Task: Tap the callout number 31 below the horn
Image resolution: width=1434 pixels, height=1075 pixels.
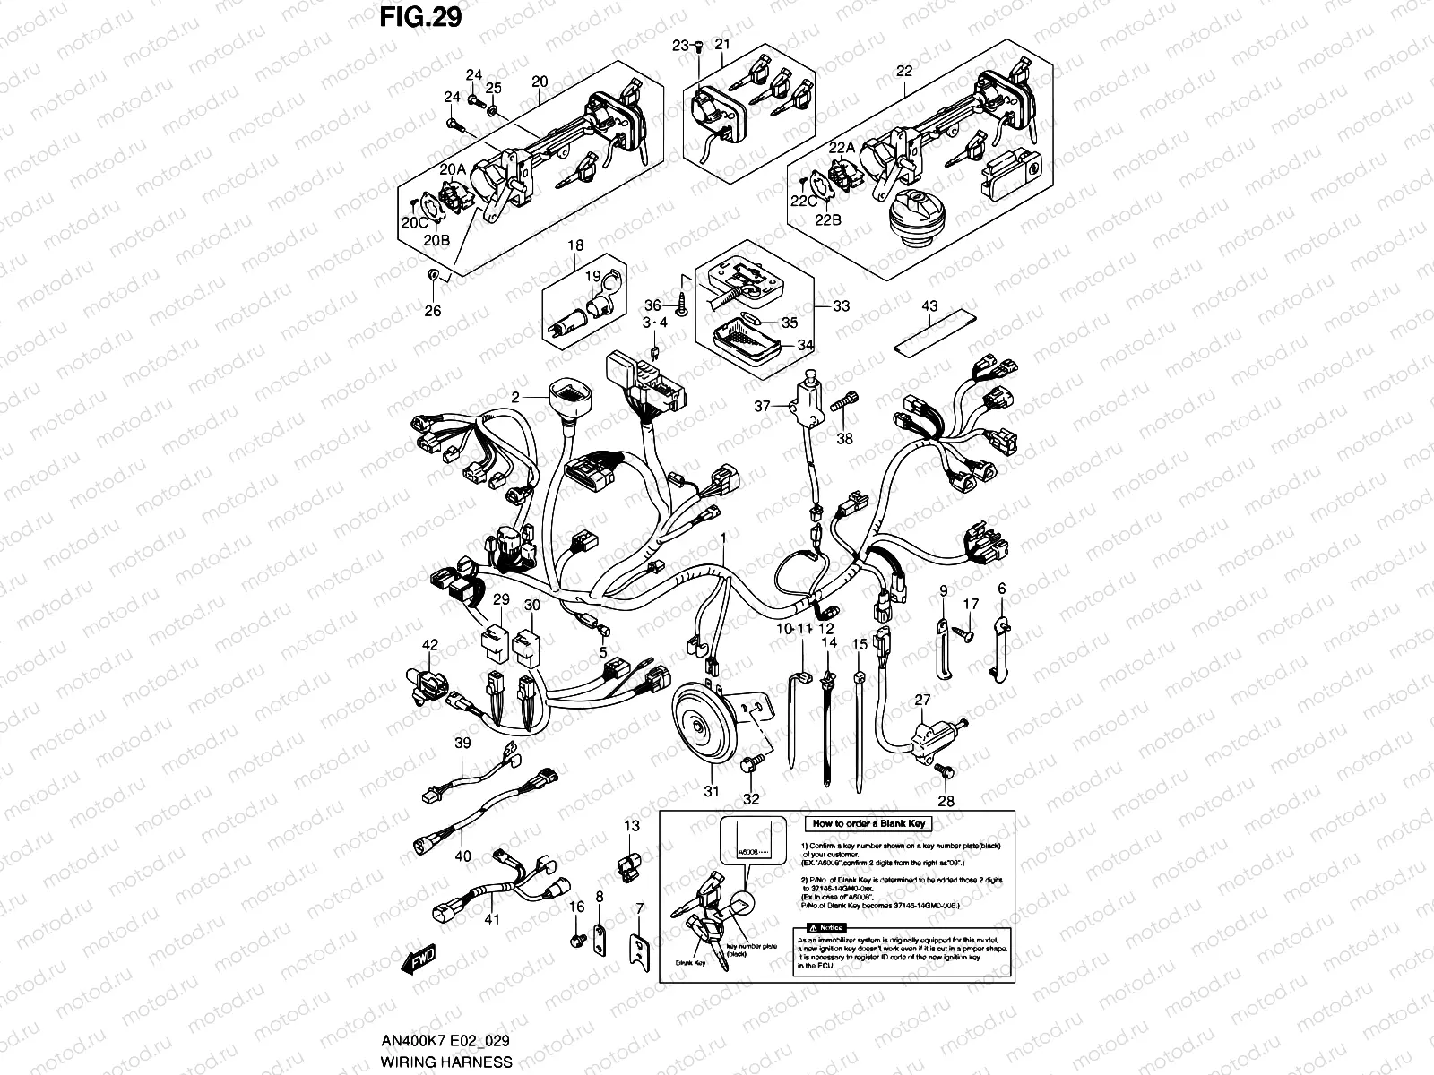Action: (712, 791)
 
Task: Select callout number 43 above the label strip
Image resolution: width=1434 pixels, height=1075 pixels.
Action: (929, 307)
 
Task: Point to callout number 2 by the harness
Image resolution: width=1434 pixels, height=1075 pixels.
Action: (516, 397)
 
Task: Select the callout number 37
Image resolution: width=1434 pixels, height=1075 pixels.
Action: (762, 406)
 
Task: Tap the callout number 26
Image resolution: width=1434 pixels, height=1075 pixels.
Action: (433, 311)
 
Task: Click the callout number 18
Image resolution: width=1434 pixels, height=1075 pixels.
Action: (574, 245)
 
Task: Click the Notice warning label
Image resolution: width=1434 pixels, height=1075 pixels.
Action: (825, 926)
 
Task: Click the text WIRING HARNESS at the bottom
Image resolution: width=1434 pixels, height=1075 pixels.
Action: (445, 1062)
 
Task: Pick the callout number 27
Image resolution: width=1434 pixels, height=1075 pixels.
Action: (922, 701)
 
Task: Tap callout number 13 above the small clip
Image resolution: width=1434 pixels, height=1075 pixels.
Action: (633, 827)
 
